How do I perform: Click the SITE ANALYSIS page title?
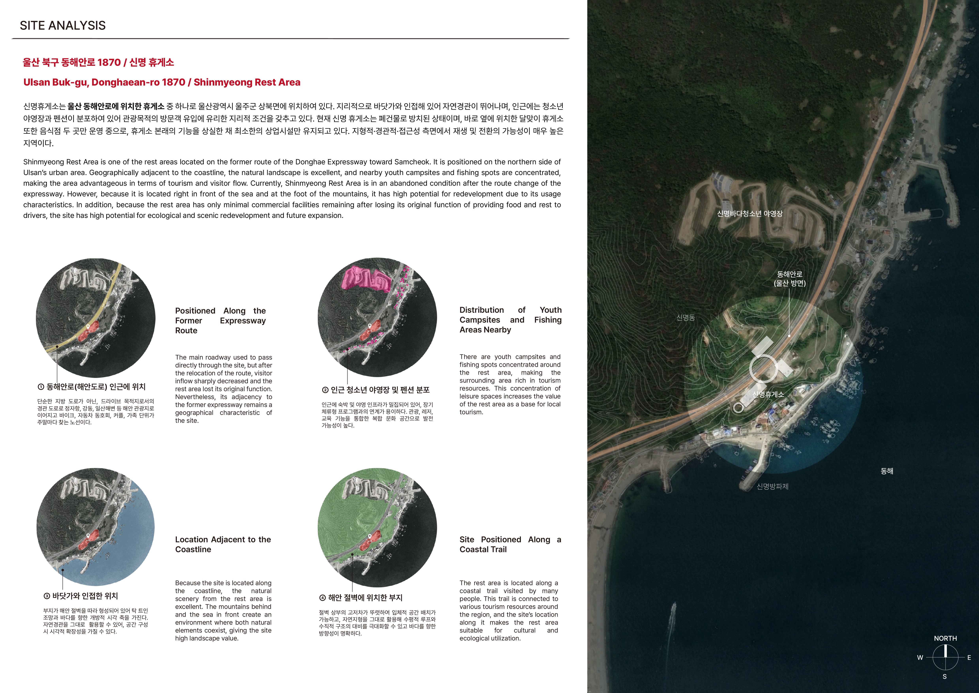coord(63,26)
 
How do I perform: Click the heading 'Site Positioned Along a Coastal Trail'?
coord(510,544)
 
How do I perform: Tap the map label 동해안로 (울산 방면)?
coord(790,279)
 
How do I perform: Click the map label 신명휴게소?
coord(768,394)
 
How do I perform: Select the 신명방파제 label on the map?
coord(772,487)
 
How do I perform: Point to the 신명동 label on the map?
coord(686,317)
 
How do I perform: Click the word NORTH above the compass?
coord(945,638)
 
